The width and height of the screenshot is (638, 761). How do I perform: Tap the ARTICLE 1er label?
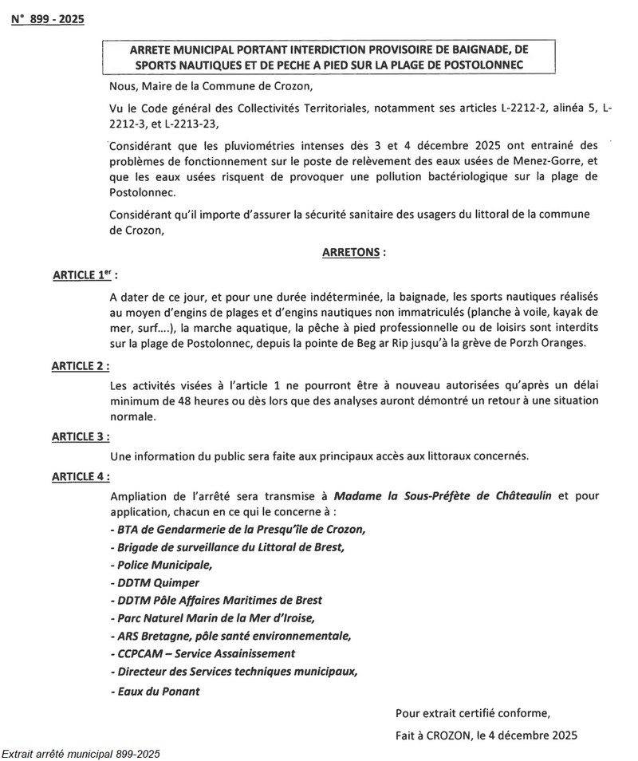pyautogui.click(x=84, y=275)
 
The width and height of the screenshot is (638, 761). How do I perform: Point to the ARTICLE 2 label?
pyautogui.click(x=81, y=365)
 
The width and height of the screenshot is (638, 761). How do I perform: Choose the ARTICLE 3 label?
pyautogui.click(x=81, y=436)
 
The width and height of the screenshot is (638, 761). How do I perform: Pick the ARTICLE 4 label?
pyautogui.click(x=81, y=476)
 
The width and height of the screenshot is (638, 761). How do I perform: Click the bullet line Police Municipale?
pyautogui.click(x=162, y=565)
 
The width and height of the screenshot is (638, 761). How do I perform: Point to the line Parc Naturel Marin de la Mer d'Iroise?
pyautogui.click(x=213, y=617)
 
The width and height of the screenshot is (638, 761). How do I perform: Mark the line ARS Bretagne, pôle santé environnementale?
pyautogui.click(x=230, y=636)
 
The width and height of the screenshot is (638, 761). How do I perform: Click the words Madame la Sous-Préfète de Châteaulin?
pyautogui.click(x=443, y=496)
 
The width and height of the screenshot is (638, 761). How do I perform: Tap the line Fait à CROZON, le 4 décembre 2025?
pyautogui.click(x=486, y=735)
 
